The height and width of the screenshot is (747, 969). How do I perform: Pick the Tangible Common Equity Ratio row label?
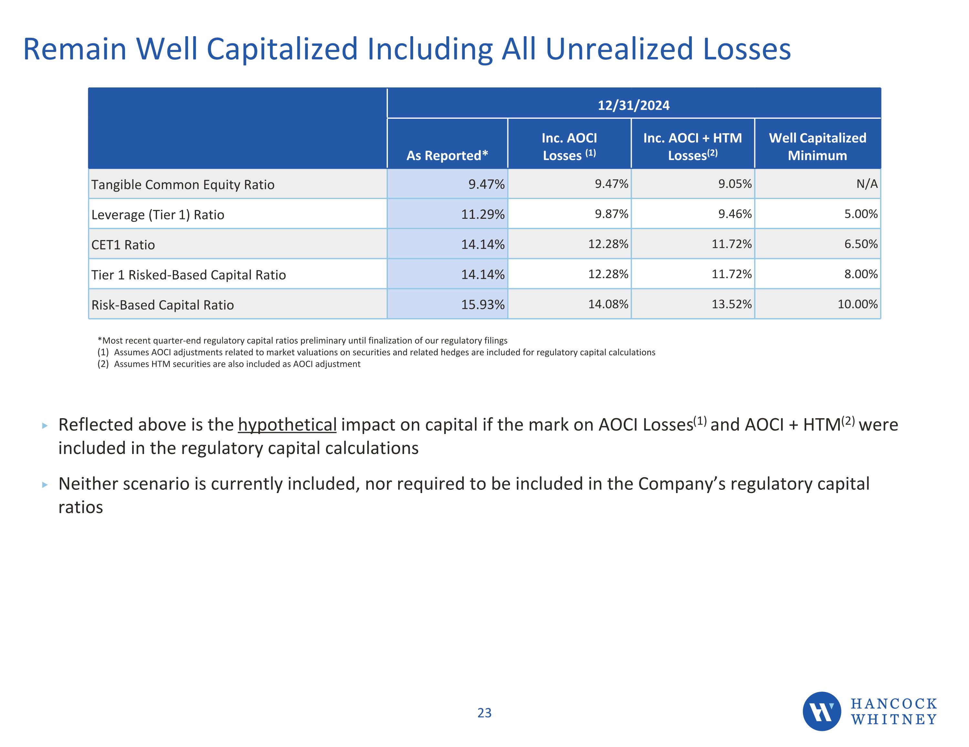click(182, 185)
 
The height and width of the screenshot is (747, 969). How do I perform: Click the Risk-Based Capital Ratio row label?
click(162, 305)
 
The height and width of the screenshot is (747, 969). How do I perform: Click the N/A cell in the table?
click(867, 184)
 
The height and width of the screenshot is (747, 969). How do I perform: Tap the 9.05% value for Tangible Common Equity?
click(735, 184)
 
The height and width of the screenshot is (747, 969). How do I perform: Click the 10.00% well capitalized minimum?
click(857, 304)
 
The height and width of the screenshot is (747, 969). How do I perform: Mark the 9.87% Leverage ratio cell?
click(611, 214)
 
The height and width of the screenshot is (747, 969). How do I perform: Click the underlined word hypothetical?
click(287, 425)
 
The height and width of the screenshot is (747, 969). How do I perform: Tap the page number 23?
click(484, 713)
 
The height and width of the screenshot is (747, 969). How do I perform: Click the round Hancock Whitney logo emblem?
click(821, 712)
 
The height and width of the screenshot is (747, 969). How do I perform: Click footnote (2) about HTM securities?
click(229, 364)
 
